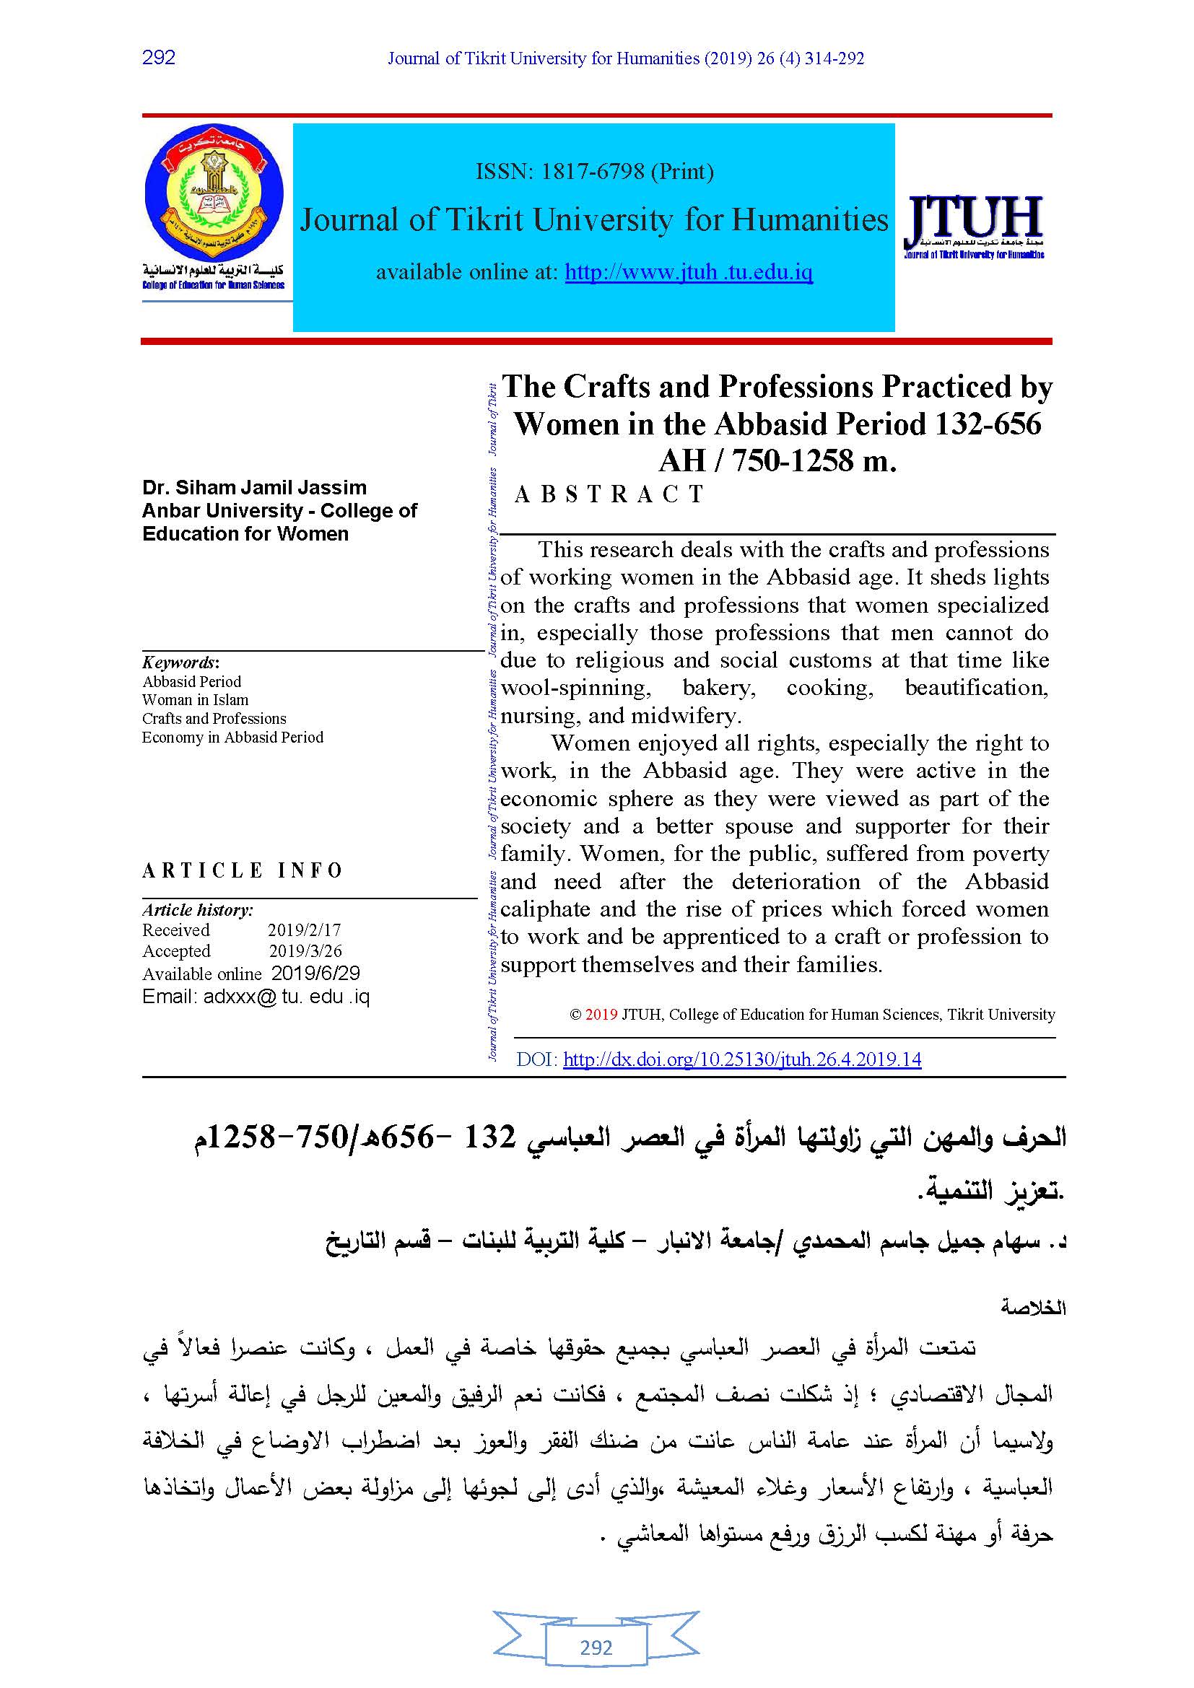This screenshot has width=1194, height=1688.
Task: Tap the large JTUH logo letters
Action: [x=974, y=220]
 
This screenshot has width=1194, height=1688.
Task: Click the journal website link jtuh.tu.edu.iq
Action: [x=688, y=273]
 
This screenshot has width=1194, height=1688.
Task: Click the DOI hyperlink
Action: [x=742, y=1059]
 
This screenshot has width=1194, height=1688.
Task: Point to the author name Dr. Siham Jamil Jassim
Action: [x=254, y=487]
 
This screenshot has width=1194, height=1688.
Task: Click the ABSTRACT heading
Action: [x=610, y=495]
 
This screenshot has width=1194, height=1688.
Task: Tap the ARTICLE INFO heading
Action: [x=243, y=870]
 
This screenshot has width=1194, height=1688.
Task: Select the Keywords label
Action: [x=180, y=662]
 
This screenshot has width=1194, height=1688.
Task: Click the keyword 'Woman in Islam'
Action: [x=195, y=700]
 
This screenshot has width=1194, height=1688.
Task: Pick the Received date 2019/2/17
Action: [x=305, y=930]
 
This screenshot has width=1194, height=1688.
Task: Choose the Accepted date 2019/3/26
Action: [x=305, y=951]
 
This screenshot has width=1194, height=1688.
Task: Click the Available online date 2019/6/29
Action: [x=315, y=974]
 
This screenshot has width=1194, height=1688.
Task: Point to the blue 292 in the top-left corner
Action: [x=159, y=57]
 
